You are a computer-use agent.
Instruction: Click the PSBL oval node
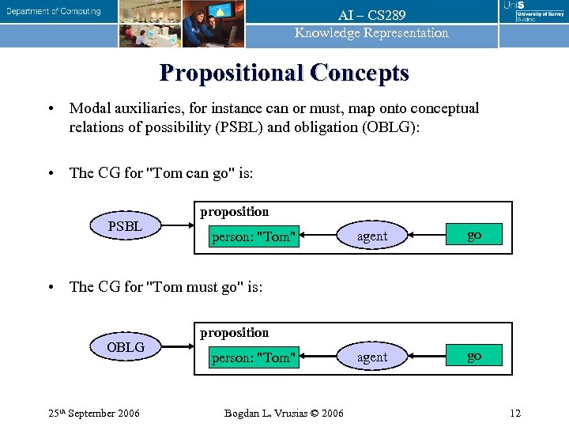coord(125,227)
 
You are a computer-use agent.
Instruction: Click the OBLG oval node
coord(125,348)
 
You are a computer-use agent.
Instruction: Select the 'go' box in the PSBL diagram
coord(474,235)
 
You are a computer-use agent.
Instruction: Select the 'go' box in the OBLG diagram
coord(474,356)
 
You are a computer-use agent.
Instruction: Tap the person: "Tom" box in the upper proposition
coord(254,236)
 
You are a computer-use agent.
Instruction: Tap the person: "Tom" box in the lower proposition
coord(254,357)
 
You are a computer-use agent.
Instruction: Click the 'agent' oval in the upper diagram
coord(372,236)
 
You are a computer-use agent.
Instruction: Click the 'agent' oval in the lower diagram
coord(372,357)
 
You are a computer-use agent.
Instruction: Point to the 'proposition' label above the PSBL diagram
coord(234,212)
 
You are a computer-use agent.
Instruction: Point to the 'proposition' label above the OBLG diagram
coord(234,333)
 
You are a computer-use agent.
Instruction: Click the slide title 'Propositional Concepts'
coord(284,73)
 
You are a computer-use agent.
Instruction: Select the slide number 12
coord(515,413)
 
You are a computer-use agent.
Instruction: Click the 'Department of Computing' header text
coord(54,11)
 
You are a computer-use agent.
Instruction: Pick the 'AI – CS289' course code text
coord(371,15)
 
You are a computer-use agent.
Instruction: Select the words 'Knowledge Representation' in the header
coord(371,33)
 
